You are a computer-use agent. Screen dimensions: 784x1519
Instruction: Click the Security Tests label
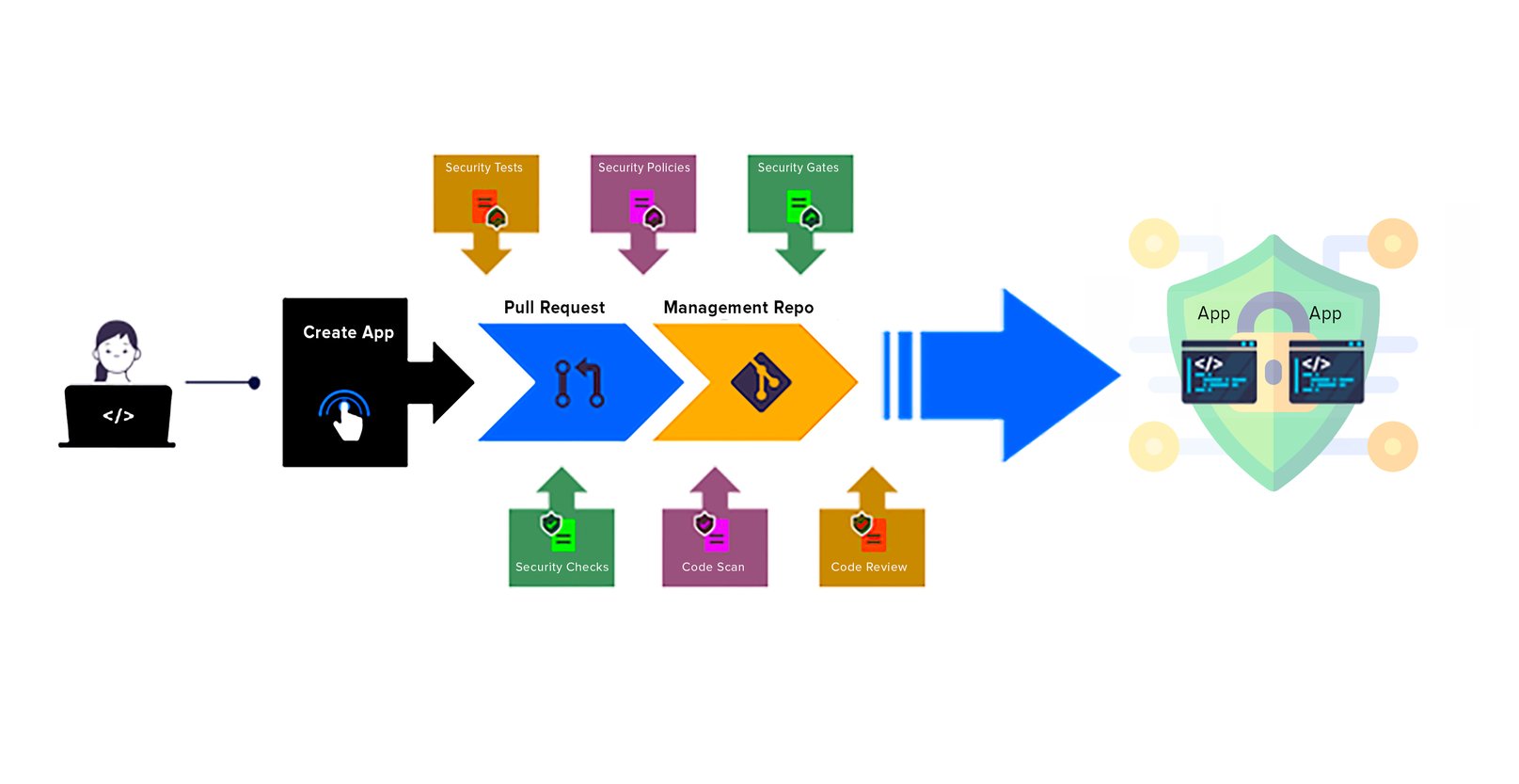(483, 168)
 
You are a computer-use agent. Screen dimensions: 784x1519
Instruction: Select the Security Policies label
(643, 168)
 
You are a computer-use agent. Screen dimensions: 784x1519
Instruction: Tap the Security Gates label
(798, 168)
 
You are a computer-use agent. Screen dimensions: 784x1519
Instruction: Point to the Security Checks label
(562, 567)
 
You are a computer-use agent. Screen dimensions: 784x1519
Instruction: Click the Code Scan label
(713, 567)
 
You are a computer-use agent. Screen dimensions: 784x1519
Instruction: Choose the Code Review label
(869, 567)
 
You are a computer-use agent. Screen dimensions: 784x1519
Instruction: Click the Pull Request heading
(554, 308)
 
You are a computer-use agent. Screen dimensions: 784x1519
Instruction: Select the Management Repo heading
(738, 308)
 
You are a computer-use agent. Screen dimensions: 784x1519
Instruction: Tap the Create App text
(348, 332)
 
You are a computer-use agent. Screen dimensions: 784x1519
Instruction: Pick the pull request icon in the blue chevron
(578, 383)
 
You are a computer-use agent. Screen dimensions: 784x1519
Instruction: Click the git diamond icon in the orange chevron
(761, 382)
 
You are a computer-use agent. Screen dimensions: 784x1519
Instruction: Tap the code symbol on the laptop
(119, 416)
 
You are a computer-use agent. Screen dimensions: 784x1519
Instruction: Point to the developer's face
(117, 351)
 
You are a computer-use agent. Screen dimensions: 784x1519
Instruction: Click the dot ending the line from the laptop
(254, 383)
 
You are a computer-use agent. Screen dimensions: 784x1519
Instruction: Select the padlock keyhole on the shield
(1273, 373)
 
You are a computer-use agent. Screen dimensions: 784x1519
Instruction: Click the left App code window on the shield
(1219, 373)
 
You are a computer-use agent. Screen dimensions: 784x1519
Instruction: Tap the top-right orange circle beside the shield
(1392, 244)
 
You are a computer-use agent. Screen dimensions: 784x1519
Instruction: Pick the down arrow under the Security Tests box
(486, 254)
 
